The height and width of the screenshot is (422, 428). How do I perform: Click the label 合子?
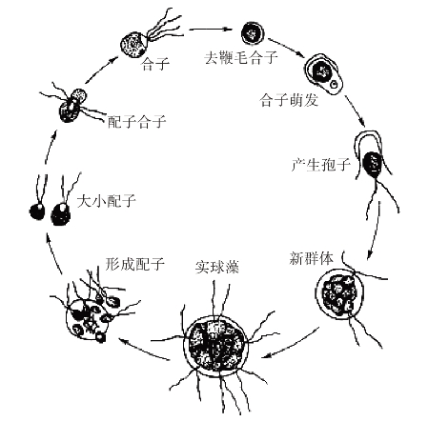coord(155,64)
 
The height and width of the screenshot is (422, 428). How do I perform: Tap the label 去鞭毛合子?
coord(241,57)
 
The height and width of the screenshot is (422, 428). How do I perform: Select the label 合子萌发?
coord(289,100)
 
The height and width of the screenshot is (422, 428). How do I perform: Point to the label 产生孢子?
coord(320,165)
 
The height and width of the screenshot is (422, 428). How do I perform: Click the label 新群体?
coord(311,258)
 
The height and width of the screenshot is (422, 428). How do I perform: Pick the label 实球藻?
coord(217,268)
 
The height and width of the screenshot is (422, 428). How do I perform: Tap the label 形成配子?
coord(135,264)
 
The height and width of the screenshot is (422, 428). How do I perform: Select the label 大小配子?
coord(107,201)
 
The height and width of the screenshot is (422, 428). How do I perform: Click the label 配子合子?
coord(137,122)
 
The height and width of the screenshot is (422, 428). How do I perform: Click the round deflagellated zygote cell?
coord(253,33)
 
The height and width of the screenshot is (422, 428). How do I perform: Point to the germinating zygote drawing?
coord(324,74)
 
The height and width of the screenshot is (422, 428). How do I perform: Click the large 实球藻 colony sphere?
coord(215,345)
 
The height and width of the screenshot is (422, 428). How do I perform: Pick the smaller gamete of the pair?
coord(37,211)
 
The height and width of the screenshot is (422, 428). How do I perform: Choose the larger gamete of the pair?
coord(61,214)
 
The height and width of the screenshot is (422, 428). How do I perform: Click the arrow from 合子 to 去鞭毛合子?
coord(210,30)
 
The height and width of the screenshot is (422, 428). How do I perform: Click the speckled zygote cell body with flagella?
coord(133,45)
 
